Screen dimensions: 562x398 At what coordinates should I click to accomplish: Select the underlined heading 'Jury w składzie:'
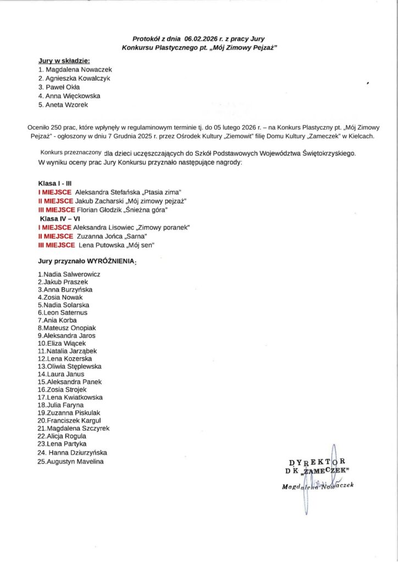pos(64,60)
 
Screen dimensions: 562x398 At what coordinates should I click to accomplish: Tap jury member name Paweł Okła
pos(58,87)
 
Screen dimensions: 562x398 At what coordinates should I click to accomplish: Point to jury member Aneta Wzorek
pos(63,104)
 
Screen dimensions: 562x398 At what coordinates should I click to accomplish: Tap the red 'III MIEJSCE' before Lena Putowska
pos(57,245)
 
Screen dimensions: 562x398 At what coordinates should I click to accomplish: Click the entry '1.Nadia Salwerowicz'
pos(69,274)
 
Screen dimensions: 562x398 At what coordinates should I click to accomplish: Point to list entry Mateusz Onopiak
pos(66,328)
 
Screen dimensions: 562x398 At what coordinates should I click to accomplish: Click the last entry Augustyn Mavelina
pos(71,462)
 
